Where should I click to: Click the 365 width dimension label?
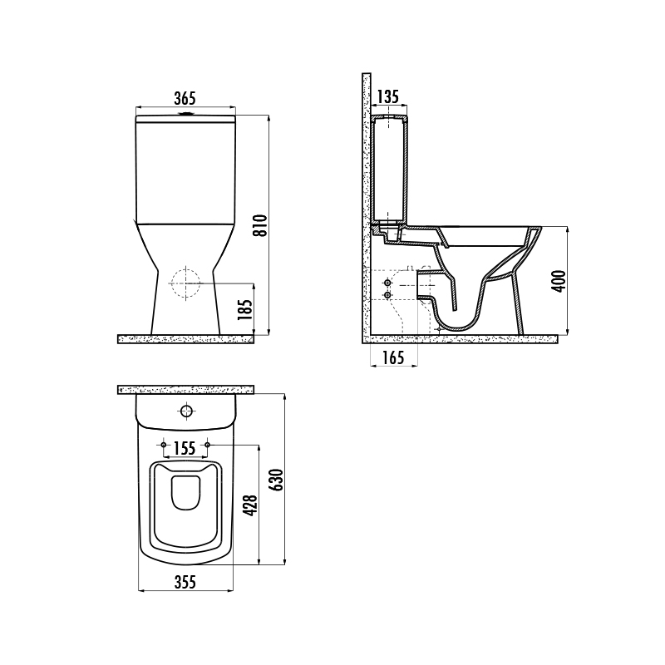[185, 98]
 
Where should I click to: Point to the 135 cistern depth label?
[388, 96]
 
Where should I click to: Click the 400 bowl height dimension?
[559, 281]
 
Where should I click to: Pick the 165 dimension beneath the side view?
[393, 358]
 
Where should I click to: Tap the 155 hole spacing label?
[185, 448]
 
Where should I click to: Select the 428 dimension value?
[251, 505]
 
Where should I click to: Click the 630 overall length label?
[277, 480]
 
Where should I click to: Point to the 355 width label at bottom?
[185, 583]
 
